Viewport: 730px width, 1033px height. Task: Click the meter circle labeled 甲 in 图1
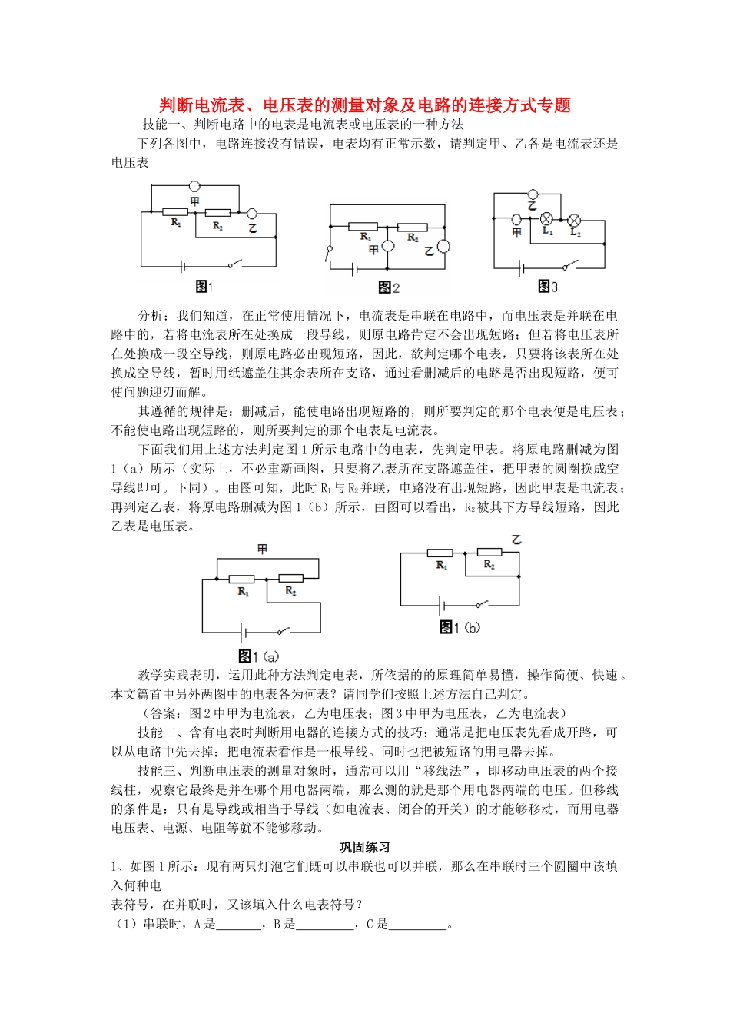click(x=195, y=185)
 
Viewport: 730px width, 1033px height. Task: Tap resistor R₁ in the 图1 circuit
click(x=176, y=212)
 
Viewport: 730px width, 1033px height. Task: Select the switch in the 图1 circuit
click(x=232, y=265)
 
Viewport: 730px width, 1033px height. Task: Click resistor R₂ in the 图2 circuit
click(x=413, y=227)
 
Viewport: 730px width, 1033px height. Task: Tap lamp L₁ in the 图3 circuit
click(x=547, y=218)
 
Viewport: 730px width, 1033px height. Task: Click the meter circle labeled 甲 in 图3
click(x=517, y=219)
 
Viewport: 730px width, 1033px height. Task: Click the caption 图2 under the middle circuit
click(x=389, y=287)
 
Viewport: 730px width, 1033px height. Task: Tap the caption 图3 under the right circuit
click(x=547, y=287)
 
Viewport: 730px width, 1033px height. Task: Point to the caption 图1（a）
click(x=258, y=656)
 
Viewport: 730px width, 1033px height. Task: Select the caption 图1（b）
click(x=460, y=627)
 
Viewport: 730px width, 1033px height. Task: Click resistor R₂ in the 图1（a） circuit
click(x=290, y=578)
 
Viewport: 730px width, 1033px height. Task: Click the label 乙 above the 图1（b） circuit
click(x=516, y=540)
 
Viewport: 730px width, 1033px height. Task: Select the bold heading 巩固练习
click(x=365, y=847)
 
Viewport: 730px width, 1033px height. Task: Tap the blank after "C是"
click(x=418, y=925)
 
